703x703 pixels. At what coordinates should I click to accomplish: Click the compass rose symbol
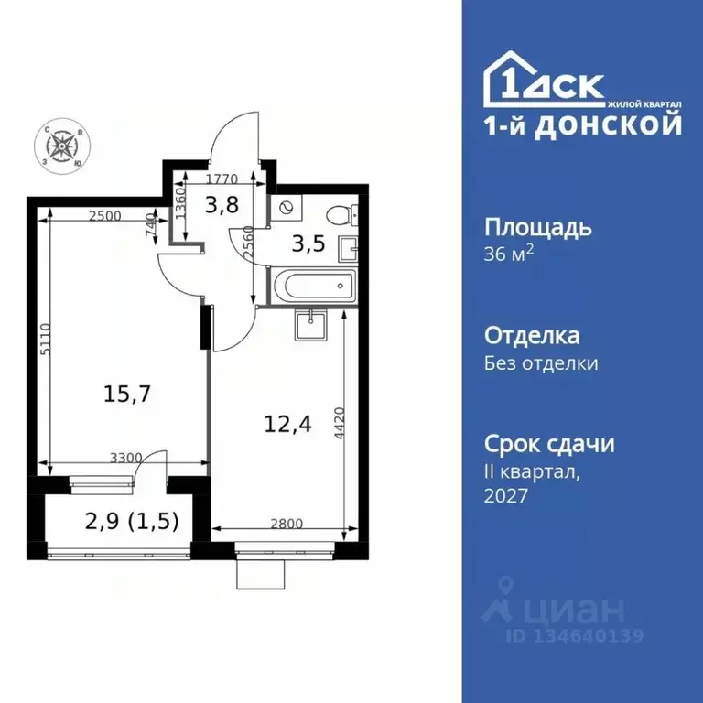(x=62, y=145)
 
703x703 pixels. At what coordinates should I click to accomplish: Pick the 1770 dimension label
(x=222, y=179)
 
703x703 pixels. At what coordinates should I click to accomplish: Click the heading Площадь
(x=537, y=227)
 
